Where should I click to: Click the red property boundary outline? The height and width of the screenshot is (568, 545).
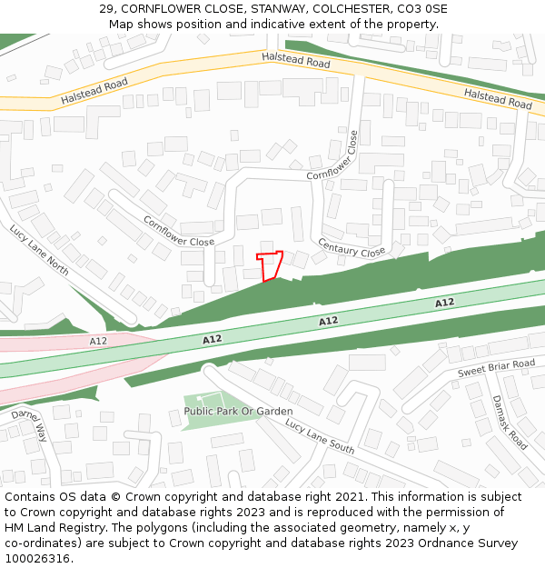click(x=270, y=265)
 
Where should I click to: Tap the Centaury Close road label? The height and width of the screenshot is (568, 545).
click(x=352, y=246)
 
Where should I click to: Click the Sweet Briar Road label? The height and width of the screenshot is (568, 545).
click(x=496, y=368)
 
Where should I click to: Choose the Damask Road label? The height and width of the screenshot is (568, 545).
click(x=509, y=422)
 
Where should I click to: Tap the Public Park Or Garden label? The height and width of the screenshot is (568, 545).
click(x=238, y=411)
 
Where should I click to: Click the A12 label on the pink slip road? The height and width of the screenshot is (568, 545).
click(x=98, y=341)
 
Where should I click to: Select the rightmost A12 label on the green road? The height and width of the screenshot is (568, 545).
click(x=444, y=303)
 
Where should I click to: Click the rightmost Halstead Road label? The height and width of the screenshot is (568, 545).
click(x=497, y=99)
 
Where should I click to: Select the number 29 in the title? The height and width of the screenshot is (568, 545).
click(x=106, y=9)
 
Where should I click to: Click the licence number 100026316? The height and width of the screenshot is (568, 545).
click(x=38, y=559)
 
